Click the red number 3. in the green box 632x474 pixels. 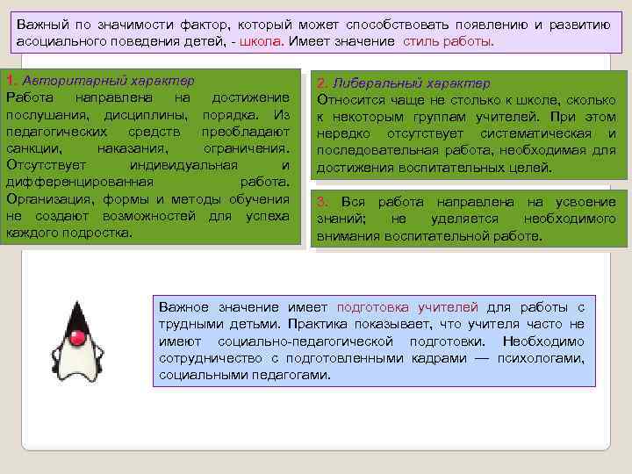[x=323, y=203]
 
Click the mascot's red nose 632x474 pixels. [x=78, y=337]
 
